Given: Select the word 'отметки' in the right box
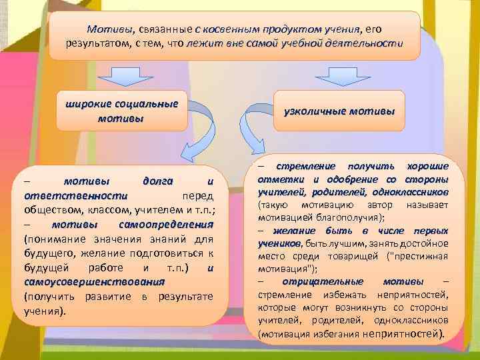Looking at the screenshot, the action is tap(283, 179).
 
